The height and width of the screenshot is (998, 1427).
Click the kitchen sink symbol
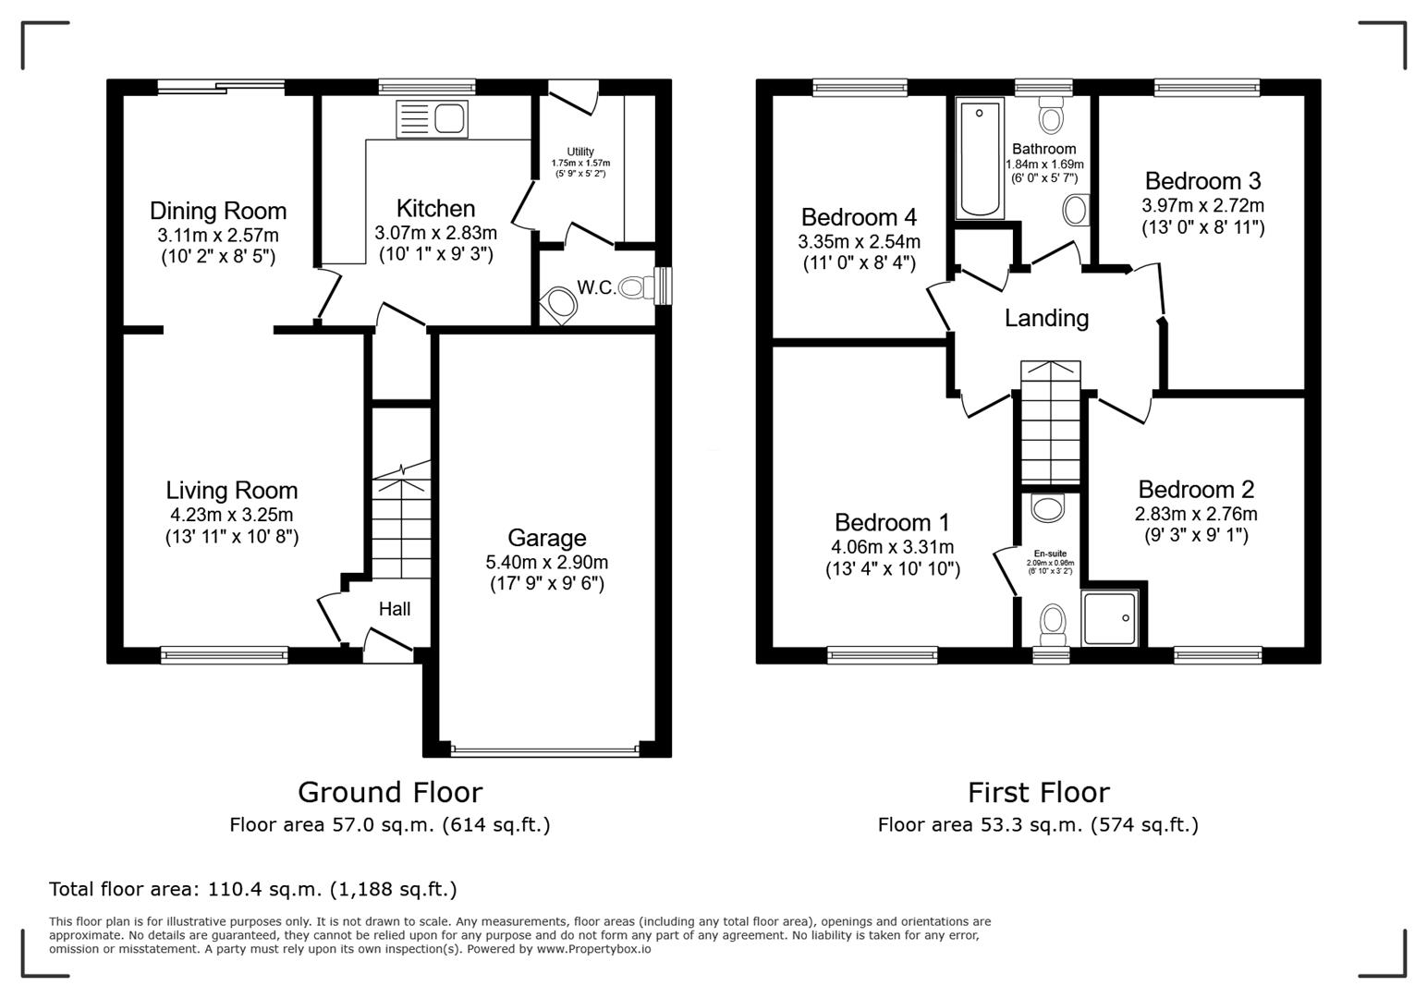pos(432,119)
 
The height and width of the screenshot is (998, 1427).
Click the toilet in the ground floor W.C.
pos(632,287)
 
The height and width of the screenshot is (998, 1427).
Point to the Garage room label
pos(546,538)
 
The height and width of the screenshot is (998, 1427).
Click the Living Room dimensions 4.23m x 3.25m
pos(231,515)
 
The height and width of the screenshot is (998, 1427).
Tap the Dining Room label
pos(218,211)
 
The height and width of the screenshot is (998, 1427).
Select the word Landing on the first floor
pos(1046,318)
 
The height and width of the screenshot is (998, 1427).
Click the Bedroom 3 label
pos(1202,180)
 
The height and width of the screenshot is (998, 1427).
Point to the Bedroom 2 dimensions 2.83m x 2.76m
pos(1196,514)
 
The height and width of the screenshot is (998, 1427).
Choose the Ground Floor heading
pos(389,792)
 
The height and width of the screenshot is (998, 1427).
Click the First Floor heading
pos(1038,792)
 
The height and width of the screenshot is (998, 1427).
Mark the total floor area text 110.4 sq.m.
pos(252,889)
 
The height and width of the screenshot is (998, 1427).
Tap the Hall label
pos(395,609)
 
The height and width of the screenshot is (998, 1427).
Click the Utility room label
pos(580,152)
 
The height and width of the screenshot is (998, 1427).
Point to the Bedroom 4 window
pos(860,88)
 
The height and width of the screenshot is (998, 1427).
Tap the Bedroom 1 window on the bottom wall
pos(883,655)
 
